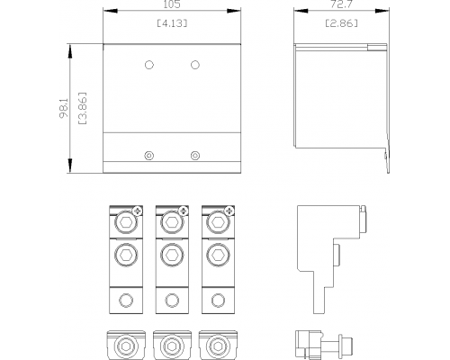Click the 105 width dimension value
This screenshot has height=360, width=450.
pos(172,4)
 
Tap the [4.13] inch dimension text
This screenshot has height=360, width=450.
pos(172,23)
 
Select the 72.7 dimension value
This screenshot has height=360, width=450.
pos(341,4)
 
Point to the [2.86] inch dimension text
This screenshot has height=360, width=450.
pos(342,23)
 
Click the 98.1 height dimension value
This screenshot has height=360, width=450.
pos(64,108)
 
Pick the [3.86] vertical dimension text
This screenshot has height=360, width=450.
pos(82,108)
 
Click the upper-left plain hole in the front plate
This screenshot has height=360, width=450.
pos(149,65)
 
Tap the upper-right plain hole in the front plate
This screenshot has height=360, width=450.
pos(195,65)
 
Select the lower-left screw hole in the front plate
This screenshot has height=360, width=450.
pos(149,156)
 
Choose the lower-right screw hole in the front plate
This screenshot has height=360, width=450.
pos(195,156)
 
